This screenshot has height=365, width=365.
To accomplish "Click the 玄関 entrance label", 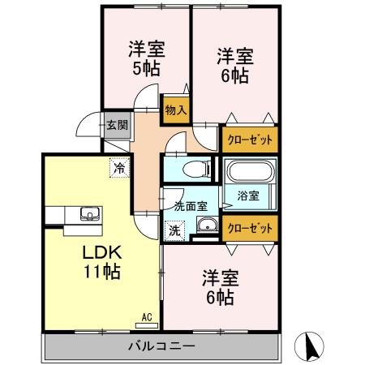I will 116,125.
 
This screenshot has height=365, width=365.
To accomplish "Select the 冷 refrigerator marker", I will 120,169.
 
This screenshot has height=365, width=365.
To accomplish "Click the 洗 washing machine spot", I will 175,230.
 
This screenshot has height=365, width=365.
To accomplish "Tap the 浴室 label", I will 248,195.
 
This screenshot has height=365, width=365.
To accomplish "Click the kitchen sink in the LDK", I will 88,215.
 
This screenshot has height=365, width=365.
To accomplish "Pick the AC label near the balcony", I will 147,317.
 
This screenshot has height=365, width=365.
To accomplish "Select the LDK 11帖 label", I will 101,261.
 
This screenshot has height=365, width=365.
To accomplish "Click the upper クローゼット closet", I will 248,139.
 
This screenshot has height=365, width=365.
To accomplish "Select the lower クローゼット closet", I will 248,229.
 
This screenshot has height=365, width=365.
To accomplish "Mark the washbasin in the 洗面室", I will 206,226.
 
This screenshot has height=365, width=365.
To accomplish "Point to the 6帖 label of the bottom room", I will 220,298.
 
